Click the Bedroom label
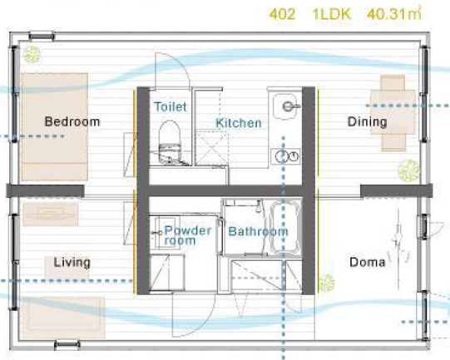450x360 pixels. [x=72, y=121]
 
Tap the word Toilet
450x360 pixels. [x=171, y=106]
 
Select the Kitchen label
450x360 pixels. [x=239, y=123]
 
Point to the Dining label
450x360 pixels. [x=368, y=122]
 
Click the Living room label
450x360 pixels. [x=72, y=262]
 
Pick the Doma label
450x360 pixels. [x=368, y=262]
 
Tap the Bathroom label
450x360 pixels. [x=258, y=231]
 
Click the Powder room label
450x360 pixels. [x=188, y=235]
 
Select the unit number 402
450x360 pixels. [x=283, y=14]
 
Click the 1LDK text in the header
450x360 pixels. [x=332, y=14]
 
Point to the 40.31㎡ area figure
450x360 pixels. [x=394, y=13]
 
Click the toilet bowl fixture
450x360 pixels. [x=170, y=142]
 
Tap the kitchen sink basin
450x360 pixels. [x=285, y=106]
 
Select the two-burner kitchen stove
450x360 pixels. [x=286, y=156]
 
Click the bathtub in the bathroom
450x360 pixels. [x=284, y=227]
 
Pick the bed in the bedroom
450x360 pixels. [x=55, y=126]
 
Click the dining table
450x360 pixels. [x=393, y=112]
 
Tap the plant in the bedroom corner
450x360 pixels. [x=32, y=55]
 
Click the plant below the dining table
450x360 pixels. [x=408, y=170]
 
